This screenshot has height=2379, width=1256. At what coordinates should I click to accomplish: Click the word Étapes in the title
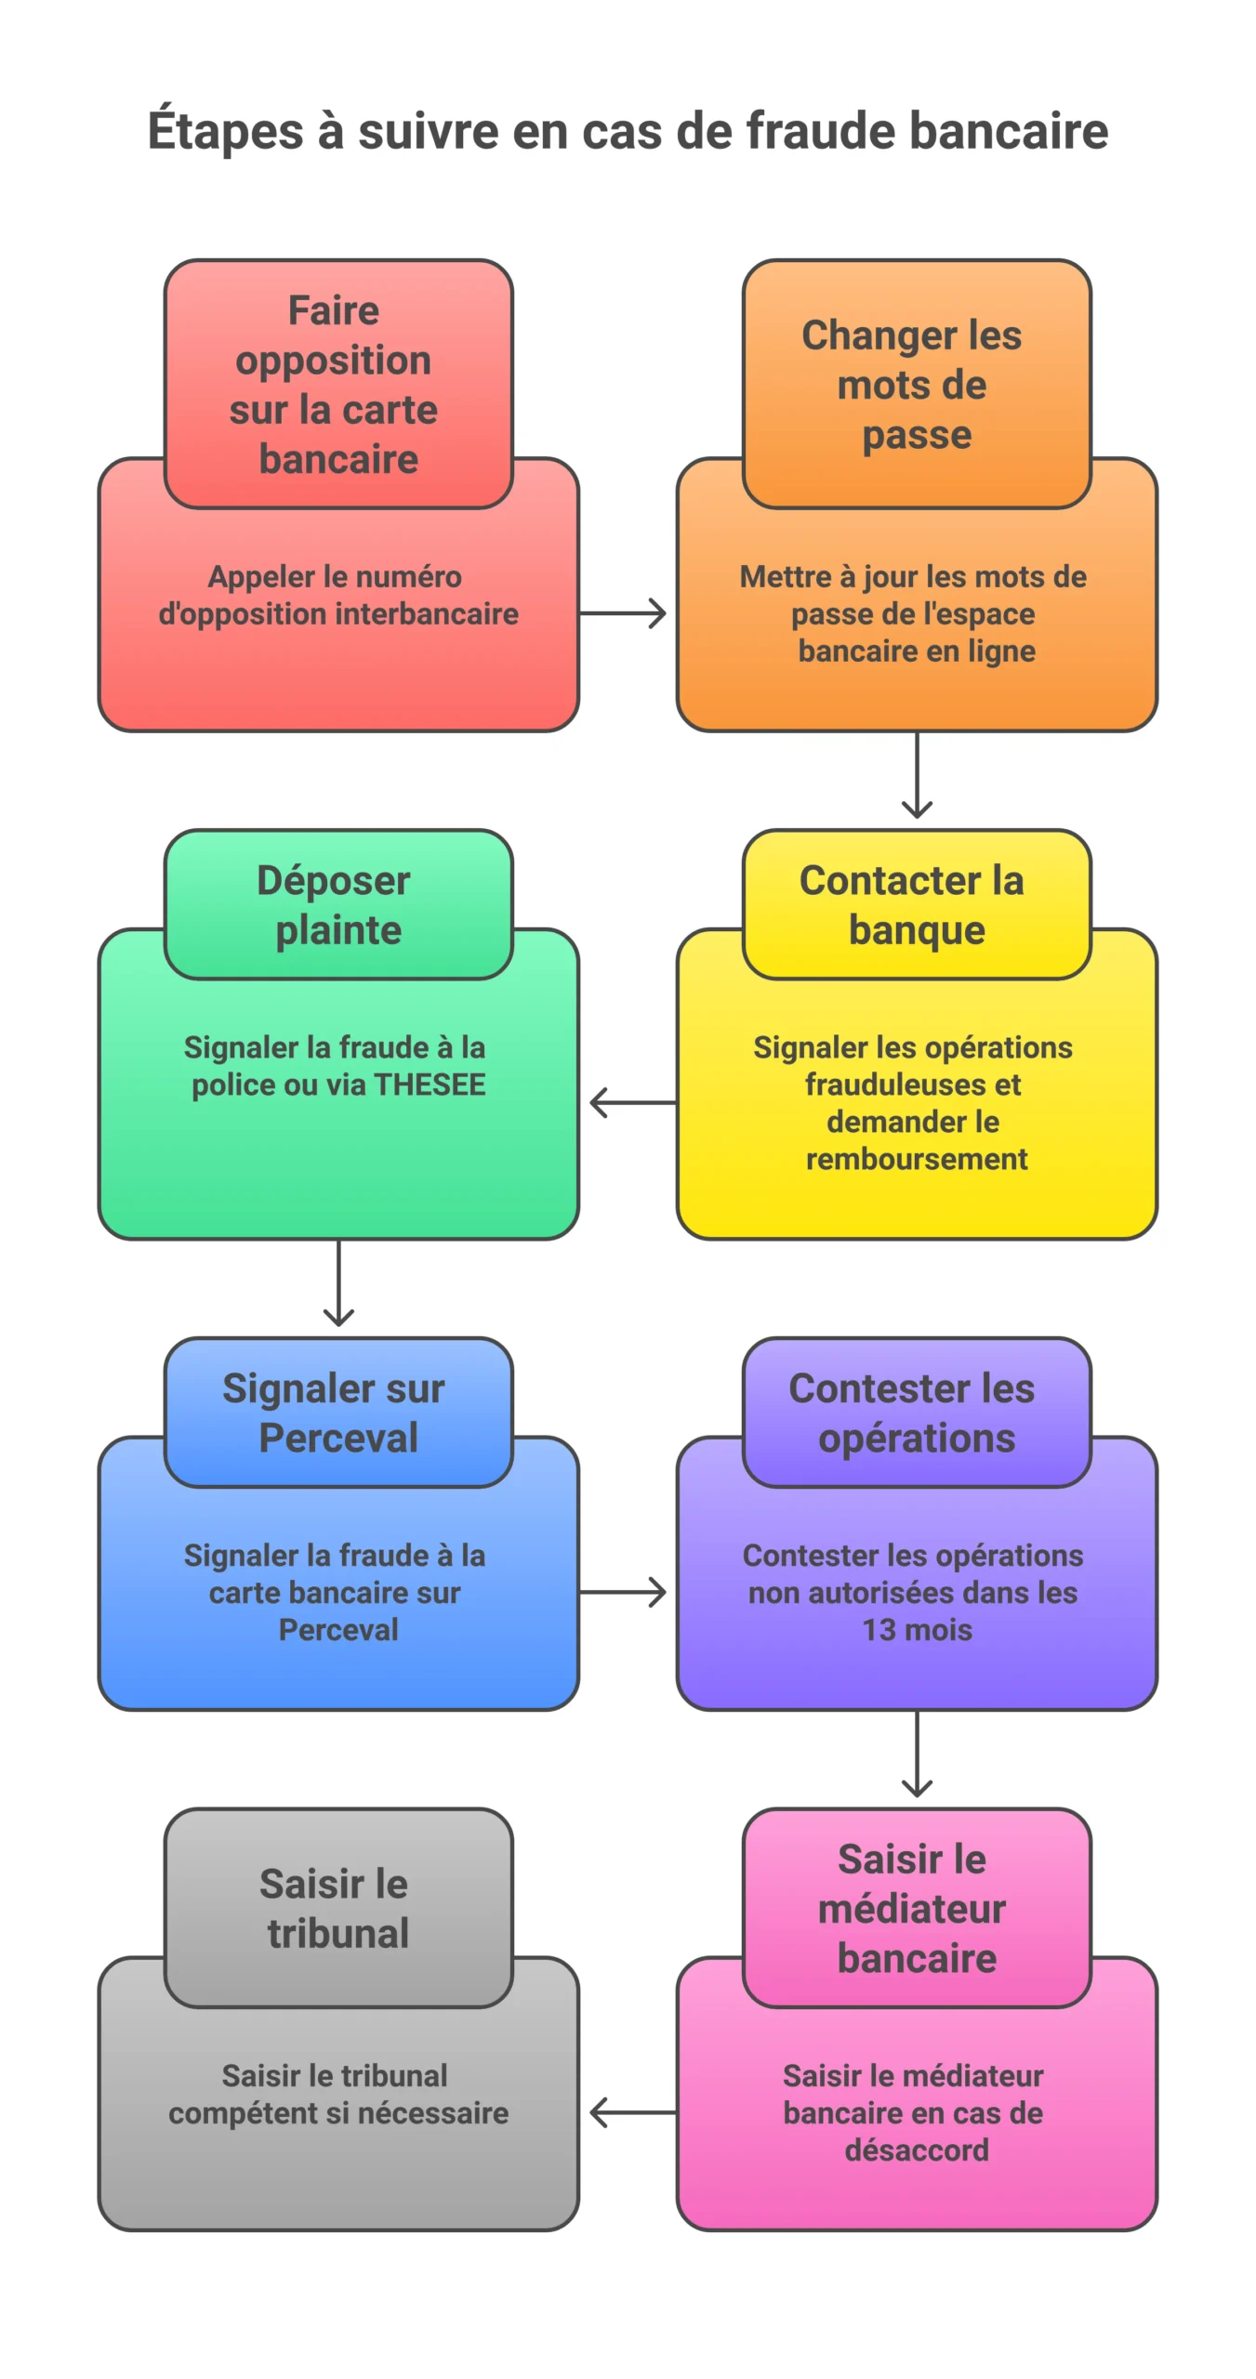tap(226, 130)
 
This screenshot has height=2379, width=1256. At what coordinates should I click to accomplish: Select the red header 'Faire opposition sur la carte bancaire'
tap(338, 384)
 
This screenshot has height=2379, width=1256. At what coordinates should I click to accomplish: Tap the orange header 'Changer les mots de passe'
tap(916, 384)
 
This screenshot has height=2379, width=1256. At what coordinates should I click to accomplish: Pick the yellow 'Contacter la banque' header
tap(916, 904)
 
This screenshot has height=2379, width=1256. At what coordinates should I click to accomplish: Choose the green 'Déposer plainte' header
tap(338, 904)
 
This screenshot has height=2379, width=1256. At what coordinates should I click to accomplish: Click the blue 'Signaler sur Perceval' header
tap(338, 1413)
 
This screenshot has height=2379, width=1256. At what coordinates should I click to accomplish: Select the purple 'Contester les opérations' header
tap(916, 1413)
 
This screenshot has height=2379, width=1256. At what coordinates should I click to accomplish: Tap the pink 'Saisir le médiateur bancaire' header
tap(916, 1909)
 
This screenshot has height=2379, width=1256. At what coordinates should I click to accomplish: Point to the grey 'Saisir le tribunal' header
tap(338, 1909)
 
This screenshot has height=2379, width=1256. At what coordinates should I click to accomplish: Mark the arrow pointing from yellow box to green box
tap(632, 1103)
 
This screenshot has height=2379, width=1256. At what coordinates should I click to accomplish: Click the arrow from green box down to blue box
tap(338, 1283)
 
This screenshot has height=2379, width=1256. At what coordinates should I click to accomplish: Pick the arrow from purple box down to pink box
tap(917, 1755)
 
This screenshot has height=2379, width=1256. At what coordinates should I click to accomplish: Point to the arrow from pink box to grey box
tap(632, 2112)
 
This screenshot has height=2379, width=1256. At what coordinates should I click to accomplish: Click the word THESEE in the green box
tap(430, 1085)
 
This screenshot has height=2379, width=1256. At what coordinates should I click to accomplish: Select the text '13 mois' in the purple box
tap(917, 1630)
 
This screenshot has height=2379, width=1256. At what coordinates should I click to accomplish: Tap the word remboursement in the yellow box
tap(917, 1160)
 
